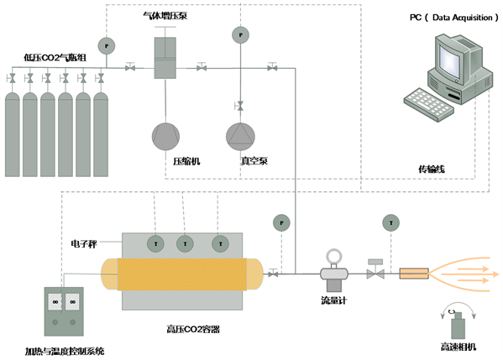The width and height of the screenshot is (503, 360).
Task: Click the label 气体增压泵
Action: (x=165, y=15)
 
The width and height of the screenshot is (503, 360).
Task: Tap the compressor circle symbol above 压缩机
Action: (x=165, y=137)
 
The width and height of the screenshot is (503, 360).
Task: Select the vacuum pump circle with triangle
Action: (x=240, y=137)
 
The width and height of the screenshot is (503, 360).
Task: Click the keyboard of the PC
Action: (x=428, y=105)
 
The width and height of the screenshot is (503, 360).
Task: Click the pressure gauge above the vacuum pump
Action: (x=241, y=35)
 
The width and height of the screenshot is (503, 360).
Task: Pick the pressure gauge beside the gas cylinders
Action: (x=107, y=46)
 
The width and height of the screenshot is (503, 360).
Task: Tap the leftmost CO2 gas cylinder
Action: (x=13, y=134)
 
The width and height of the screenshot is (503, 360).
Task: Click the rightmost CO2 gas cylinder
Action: (x=101, y=134)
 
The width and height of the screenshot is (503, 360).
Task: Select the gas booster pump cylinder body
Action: (x=165, y=58)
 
